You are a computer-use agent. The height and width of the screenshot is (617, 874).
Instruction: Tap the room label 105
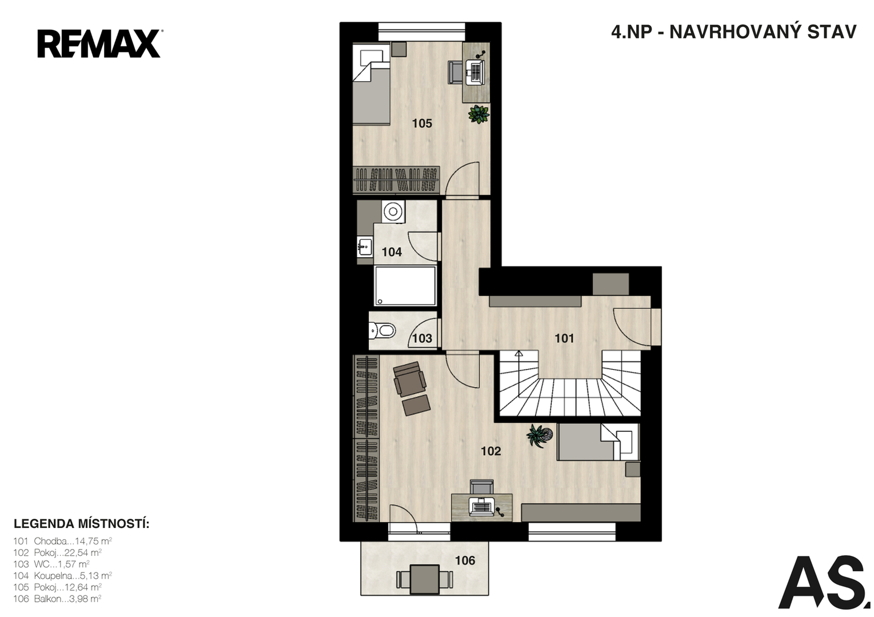(x=422, y=123)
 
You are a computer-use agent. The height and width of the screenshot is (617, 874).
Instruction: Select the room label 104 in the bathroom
(x=392, y=253)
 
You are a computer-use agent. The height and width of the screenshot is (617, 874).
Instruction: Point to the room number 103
(x=422, y=338)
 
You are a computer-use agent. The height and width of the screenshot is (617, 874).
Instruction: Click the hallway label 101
(x=565, y=338)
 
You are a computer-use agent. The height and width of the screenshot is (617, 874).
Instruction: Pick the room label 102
(x=491, y=451)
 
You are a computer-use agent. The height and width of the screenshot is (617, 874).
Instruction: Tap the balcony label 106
(x=465, y=560)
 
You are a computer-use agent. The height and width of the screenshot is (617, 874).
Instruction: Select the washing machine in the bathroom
(x=393, y=212)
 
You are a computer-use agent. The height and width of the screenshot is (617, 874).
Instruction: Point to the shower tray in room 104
(x=405, y=286)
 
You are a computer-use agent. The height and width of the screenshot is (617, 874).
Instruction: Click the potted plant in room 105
(x=478, y=114)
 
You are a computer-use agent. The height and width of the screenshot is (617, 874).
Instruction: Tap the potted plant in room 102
(x=539, y=436)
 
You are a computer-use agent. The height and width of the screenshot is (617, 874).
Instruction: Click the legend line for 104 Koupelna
(x=63, y=575)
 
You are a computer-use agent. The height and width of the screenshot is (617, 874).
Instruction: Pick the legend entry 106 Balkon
(x=57, y=599)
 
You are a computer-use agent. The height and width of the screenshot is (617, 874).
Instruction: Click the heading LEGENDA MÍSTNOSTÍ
(x=82, y=524)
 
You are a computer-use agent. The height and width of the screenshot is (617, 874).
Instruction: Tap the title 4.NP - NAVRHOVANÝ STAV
(x=733, y=32)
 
